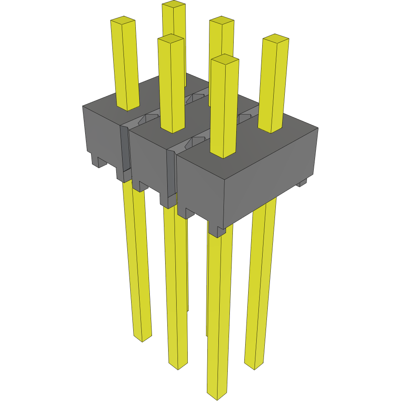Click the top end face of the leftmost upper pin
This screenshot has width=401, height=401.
pyautogui.click(x=123, y=20)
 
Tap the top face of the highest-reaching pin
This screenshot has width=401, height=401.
pyautogui.click(x=174, y=4)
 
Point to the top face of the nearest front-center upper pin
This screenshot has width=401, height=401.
pyautogui.click(x=224, y=59)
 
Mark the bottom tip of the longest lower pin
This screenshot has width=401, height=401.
pyautogui.click(x=217, y=395)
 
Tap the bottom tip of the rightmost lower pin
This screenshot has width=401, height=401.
pyautogui.click(x=255, y=366)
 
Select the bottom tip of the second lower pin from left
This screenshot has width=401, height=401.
pyautogui.click(x=178, y=366)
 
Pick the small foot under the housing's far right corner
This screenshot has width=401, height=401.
pyautogui.click(x=302, y=183)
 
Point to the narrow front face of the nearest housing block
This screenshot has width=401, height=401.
pyautogui.click(x=200, y=187)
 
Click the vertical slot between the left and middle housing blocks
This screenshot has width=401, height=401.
pyautogui.click(x=124, y=149)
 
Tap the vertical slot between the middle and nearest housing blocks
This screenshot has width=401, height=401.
pyautogui.click(x=171, y=175)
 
